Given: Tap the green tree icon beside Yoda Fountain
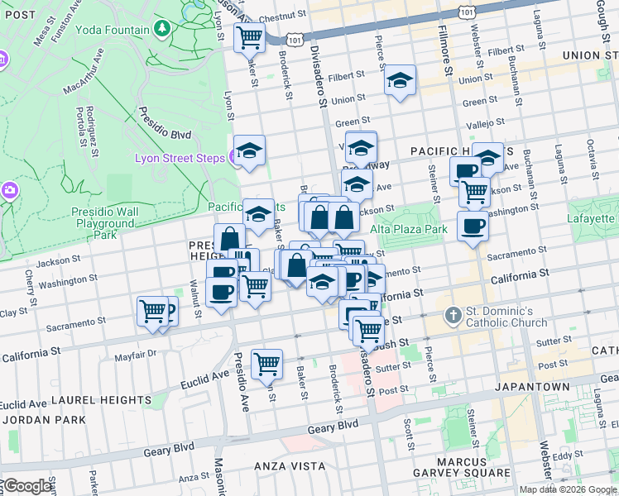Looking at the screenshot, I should coord(163,29).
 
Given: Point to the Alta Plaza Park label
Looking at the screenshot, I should coord(408,228).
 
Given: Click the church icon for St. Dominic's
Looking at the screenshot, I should coord(453,315).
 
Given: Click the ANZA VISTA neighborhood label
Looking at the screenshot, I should coord(290,466).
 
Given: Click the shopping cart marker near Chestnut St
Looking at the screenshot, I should coord(249,37).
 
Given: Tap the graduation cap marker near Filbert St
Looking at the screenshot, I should coord(400,80).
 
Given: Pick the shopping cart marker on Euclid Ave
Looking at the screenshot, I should coord(266,363).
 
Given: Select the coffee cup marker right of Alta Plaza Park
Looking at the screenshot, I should coord(473,226).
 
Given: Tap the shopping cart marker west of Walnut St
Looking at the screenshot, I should coord(152,312).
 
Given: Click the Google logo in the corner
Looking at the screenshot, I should coord(27,486).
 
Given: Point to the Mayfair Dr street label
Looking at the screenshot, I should coord(136,355).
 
